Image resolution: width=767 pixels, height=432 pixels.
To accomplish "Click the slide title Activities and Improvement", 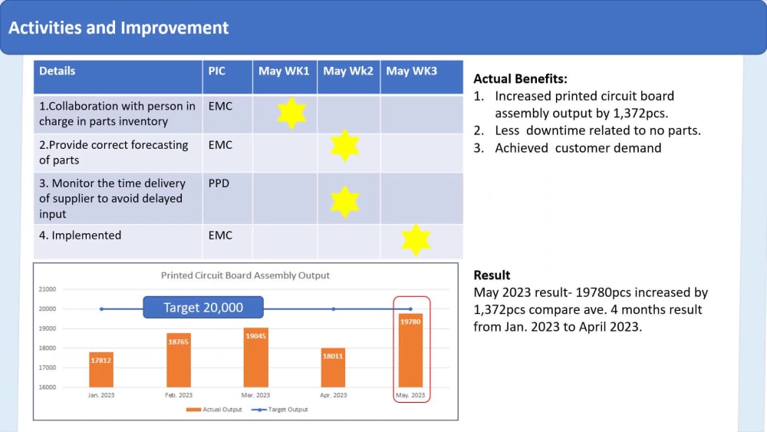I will [x=119, y=28].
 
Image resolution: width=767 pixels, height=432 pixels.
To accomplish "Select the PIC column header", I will [x=217, y=71].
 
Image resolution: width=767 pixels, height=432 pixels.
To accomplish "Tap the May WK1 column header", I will [x=284, y=71].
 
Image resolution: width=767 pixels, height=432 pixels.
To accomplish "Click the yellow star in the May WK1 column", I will [x=291, y=113].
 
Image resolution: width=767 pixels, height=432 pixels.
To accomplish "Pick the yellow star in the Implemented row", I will [x=416, y=239].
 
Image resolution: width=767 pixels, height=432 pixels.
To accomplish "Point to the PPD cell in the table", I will [x=219, y=183].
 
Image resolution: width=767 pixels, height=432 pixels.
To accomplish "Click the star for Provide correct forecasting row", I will [x=344, y=146].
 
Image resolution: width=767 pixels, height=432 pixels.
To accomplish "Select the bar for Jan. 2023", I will [x=101, y=370].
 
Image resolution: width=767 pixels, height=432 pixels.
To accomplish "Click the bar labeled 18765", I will [x=179, y=360].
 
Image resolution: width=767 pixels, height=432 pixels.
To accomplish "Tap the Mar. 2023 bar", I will [x=256, y=358].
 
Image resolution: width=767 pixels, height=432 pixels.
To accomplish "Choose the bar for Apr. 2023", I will [x=333, y=368].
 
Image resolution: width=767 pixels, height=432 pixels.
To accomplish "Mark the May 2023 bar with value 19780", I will [x=410, y=350].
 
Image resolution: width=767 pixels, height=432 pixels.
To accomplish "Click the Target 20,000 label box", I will [x=203, y=308].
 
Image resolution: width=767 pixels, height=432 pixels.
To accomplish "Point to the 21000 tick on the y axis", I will [x=47, y=289].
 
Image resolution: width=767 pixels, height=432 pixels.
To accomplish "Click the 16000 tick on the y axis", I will [x=47, y=387].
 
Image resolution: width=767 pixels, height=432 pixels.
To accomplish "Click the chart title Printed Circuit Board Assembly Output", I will [x=245, y=275].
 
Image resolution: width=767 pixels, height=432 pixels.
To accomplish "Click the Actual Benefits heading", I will [x=520, y=78].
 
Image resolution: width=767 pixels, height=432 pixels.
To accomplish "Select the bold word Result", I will [x=492, y=275].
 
